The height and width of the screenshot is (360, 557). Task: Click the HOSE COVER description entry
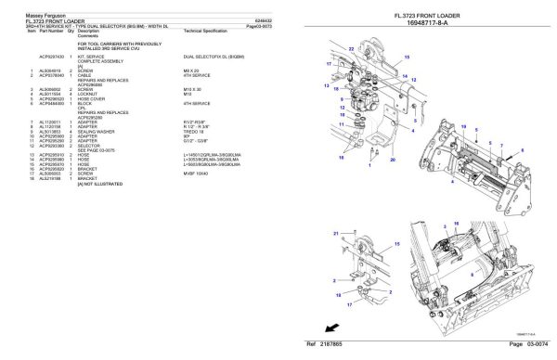click(92, 99)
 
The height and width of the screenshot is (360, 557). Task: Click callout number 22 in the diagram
click(349, 47)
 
